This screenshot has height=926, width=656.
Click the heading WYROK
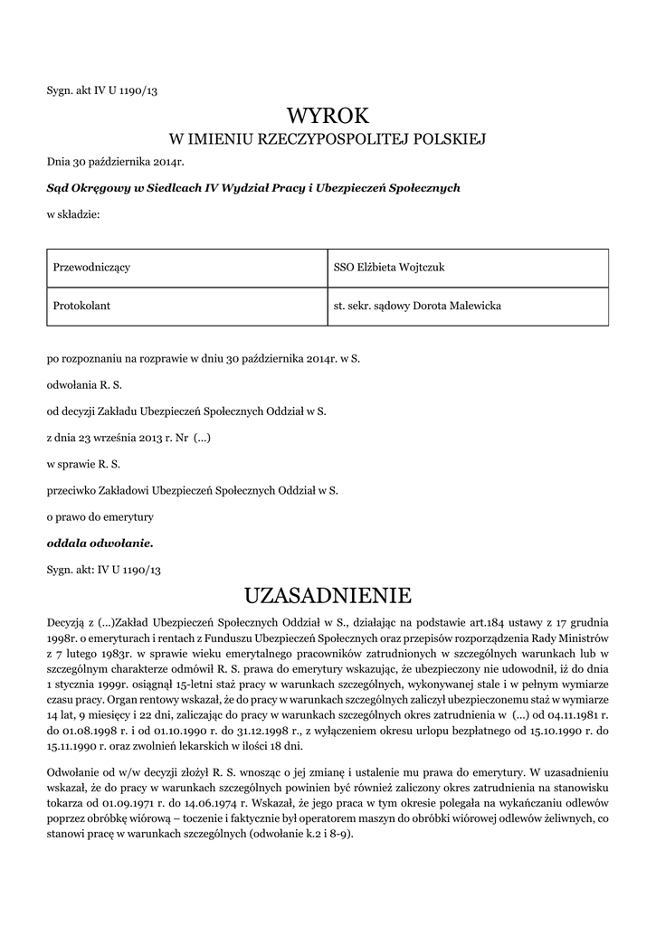tap(328, 116)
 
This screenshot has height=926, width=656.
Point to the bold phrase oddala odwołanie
tap(100, 543)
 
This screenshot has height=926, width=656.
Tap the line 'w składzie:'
tap(72, 214)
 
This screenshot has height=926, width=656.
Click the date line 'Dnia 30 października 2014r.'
tap(115, 162)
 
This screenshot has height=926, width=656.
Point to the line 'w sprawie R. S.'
tap(83, 465)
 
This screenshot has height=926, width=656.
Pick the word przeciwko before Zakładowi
tap(71, 491)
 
